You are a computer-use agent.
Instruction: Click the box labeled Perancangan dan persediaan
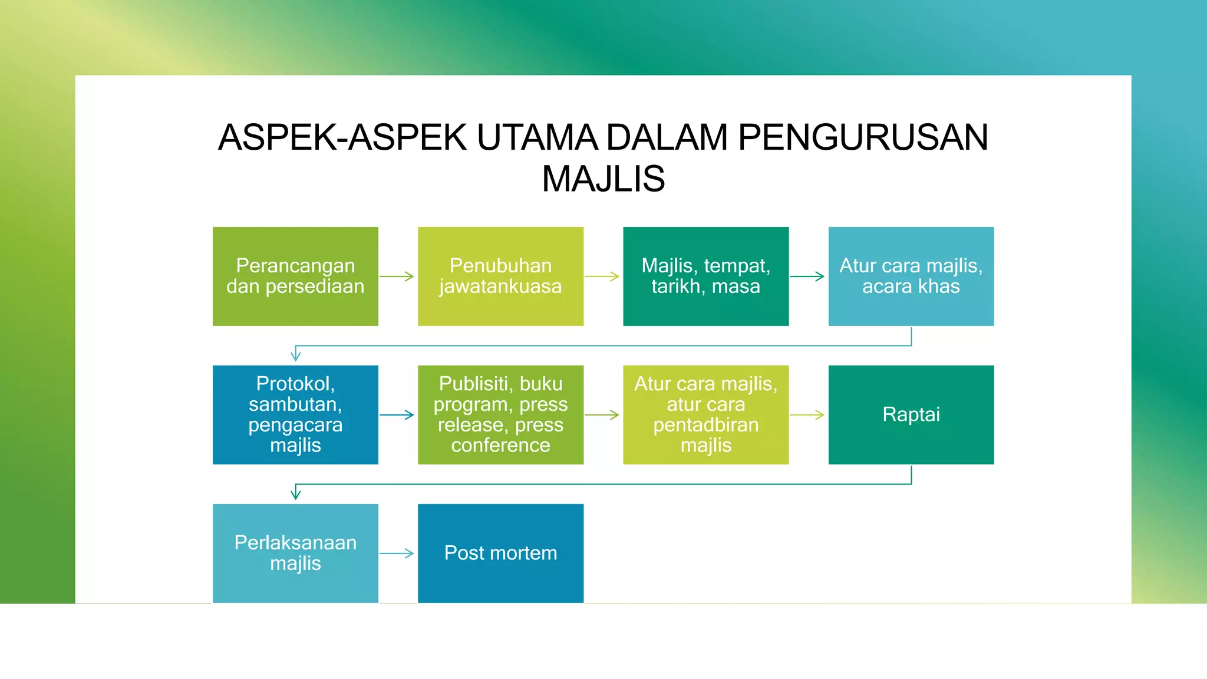pyautogui.click(x=295, y=276)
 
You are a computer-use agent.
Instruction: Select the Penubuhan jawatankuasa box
pyautogui.click(x=500, y=276)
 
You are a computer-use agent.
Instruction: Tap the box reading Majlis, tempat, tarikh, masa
pyautogui.click(x=705, y=276)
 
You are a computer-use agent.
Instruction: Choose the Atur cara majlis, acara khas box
pyautogui.click(x=911, y=276)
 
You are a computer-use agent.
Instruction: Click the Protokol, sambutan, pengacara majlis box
pyautogui.click(x=295, y=414)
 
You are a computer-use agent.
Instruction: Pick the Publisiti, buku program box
pyautogui.click(x=500, y=414)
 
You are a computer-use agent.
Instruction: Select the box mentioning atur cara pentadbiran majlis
pyautogui.click(x=705, y=414)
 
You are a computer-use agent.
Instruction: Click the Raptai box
pyautogui.click(x=911, y=414)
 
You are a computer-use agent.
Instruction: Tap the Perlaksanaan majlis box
pyautogui.click(x=295, y=553)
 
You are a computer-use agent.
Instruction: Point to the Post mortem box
pyautogui.click(x=500, y=553)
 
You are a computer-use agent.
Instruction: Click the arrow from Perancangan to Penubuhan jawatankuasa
pyautogui.click(x=397, y=276)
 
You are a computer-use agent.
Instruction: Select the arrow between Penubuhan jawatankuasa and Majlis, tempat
pyautogui.click(x=602, y=276)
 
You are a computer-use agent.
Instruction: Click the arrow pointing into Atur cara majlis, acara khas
pyautogui.click(x=807, y=276)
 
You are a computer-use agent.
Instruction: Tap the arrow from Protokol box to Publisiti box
pyautogui.click(x=397, y=415)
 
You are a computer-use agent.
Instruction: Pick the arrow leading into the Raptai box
pyautogui.click(x=807, y=415)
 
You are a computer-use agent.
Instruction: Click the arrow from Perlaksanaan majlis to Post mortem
pyautogui.click(x=397, y=553)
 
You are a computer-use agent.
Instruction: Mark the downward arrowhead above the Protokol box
pyautogui.click(x=296, y=355)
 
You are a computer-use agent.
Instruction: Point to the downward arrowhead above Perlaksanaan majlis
pyautogui.click(x=296, y=493)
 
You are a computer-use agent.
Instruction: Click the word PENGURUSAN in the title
pyautogui.click(x=863, y=137)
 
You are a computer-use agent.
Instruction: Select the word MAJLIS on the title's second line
pyautogui.click(x=603, y=179)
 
